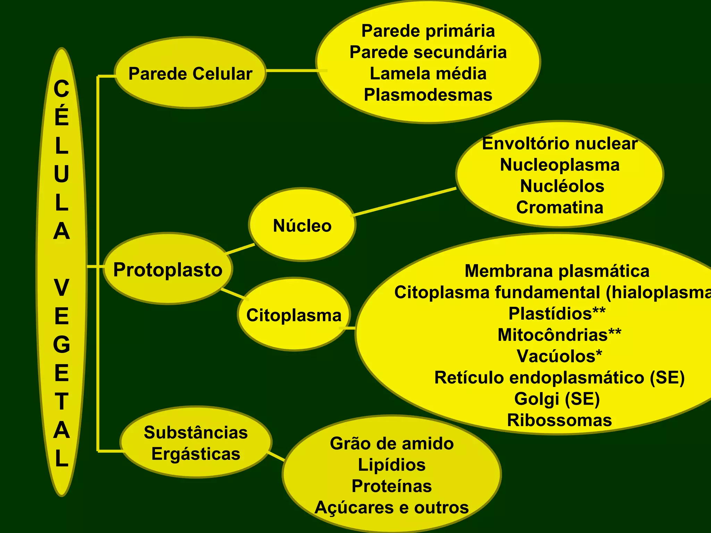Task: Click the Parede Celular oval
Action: (190, 74)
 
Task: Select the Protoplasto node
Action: (168, 270)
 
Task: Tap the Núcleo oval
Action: (302, 226)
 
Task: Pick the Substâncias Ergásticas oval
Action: (196, 443)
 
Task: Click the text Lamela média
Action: (428, 74)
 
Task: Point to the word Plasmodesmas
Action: (428, 95)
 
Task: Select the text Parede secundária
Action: (428, 52)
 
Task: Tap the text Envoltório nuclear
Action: (560, 144)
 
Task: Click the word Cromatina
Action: (560, 208)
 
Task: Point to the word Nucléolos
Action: (562, 186)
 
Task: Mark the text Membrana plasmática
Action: (557, 271)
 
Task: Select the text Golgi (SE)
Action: (557, 399)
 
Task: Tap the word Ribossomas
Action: (559, 420)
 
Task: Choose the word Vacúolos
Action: (557, 356)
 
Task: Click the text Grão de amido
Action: (392, 443)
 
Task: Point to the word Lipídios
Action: (392, 465)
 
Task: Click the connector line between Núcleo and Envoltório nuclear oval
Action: (404, 202)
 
